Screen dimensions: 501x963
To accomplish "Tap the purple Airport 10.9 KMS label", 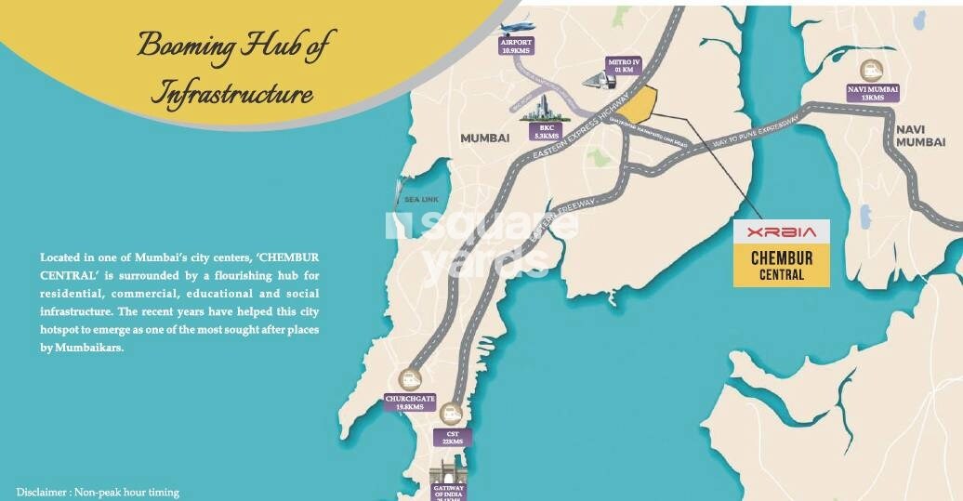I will tap(515, 47).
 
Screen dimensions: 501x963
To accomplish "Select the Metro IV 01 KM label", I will tap(621, 65).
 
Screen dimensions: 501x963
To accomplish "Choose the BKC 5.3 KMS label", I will tap(544, 131).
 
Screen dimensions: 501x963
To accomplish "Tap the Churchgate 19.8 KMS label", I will tap(410, 402).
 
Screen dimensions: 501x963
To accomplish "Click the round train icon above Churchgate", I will tap(411, 379).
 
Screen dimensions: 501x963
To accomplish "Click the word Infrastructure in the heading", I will tap(231, 95).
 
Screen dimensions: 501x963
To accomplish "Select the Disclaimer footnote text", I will tap(98, 492).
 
